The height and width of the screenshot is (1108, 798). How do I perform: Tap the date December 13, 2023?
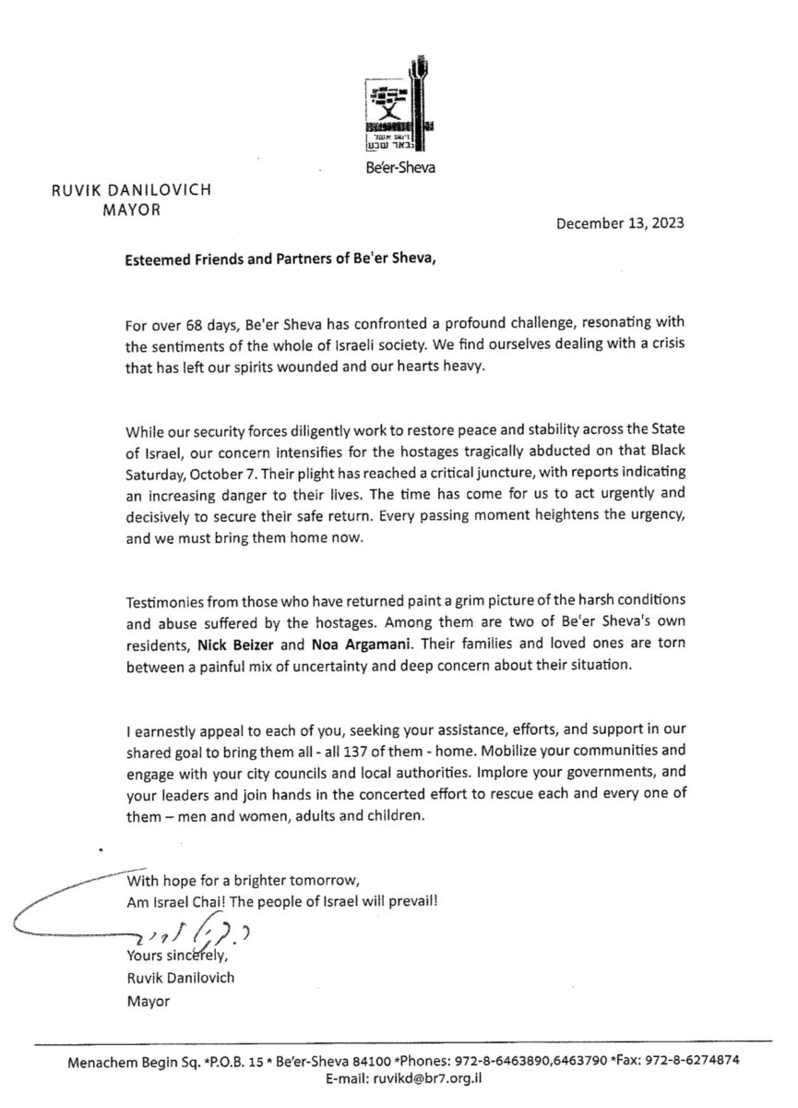[621, 223]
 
